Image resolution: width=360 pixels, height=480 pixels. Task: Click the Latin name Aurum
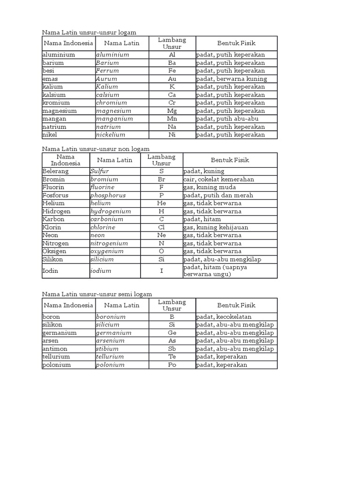[107, 79]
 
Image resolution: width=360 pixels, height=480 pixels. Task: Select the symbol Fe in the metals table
[172, 71]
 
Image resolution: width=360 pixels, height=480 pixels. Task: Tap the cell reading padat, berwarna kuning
[232, 79]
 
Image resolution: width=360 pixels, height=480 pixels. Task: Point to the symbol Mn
[172, 119]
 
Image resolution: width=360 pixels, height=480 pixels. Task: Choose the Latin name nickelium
[111, 135]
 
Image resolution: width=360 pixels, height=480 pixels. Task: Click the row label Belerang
[55, 172]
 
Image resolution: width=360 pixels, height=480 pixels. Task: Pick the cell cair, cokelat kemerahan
[218, 180]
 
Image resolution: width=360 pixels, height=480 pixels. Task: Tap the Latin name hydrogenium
[111, 211]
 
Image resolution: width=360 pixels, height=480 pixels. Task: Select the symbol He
[161, 203]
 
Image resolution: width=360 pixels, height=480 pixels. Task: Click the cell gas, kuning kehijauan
[216, 227]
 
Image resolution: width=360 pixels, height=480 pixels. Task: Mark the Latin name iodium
[101, 271]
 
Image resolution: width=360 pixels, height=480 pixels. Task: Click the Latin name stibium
[108, 349]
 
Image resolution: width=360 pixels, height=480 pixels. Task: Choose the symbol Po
[172, 365]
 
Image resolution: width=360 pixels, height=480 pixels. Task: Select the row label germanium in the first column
[60, 333]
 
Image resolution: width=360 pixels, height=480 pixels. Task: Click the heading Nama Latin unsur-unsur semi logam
[97, 294]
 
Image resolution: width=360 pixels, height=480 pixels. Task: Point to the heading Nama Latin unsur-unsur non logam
[96, 149]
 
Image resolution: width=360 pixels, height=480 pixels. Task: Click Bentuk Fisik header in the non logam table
[230, 160]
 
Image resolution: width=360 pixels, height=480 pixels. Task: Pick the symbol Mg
[172, 111]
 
